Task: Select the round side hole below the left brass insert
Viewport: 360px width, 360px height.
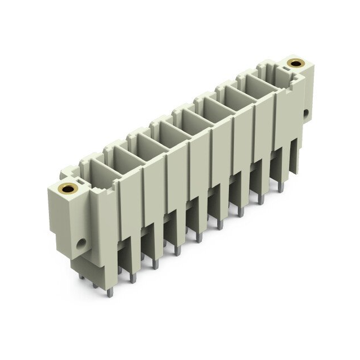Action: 82,244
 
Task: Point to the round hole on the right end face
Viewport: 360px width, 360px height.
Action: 306,113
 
